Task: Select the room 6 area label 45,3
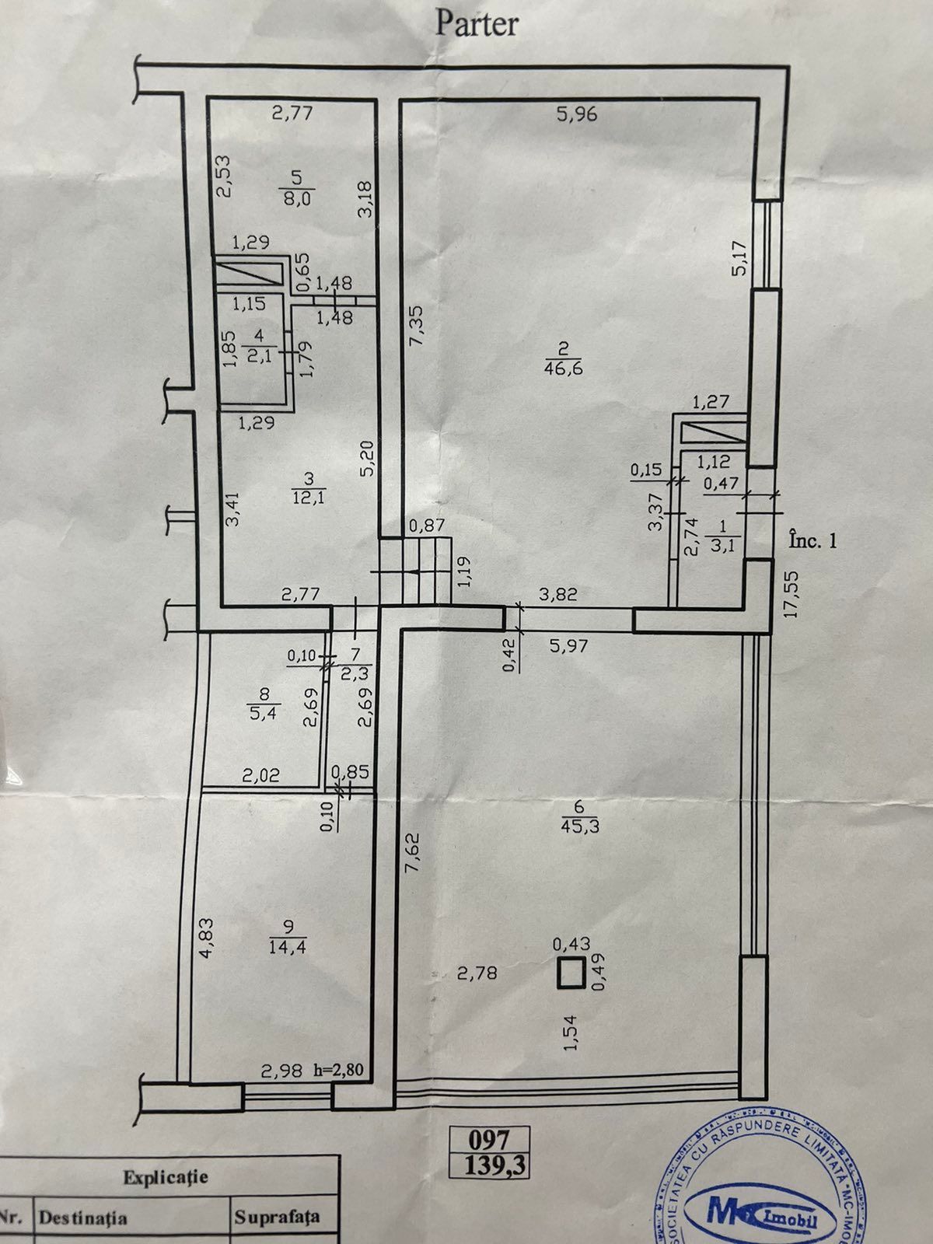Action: [x=579, y=827]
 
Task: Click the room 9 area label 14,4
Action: [x=288, y=948]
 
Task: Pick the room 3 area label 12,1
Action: [x=308, y=498]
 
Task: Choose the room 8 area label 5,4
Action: [x=263, y=713]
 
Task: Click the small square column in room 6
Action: [x=571, y=973]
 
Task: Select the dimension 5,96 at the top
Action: [x=577, y=115]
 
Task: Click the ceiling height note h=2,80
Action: [x=338, y=1071]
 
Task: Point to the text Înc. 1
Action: [x=812, y=540]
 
